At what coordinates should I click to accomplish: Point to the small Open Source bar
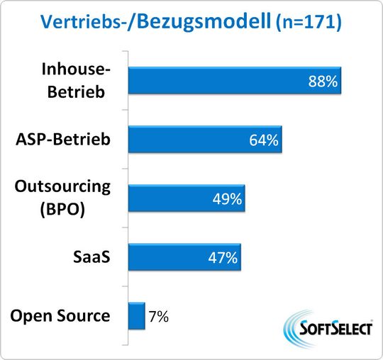tap(135, 317)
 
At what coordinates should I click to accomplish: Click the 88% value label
tap(322, 81)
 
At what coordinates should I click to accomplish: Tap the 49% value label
tap(227, 199)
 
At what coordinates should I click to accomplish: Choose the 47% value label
tap(223, 258)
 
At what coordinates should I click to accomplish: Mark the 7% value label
tap(158, 317)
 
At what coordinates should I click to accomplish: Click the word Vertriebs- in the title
tap(82, 23)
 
